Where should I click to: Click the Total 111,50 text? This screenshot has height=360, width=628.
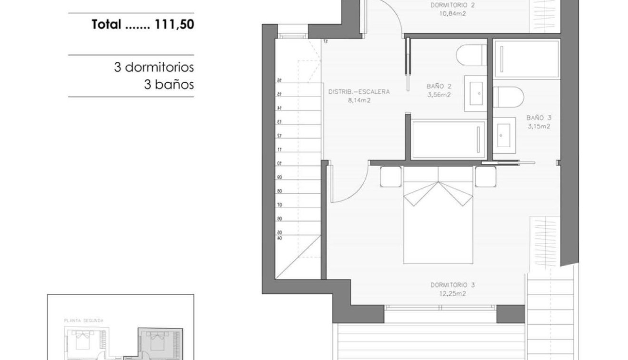coord(143,25)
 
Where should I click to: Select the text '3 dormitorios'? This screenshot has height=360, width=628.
coord(154,67)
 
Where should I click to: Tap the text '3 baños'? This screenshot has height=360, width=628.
coord(169,85)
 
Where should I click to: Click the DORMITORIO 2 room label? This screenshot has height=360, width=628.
coord(452,6)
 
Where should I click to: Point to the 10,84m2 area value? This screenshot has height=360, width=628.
coord(452,14)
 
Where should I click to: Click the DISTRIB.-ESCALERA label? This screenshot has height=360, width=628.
coord(359,91)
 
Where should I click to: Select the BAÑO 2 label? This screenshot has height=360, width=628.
coord(439,86)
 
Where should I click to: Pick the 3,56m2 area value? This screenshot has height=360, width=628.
coord(439,94)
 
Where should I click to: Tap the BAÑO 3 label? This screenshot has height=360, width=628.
coord(538,117)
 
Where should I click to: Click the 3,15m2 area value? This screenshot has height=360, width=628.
coord(538,126)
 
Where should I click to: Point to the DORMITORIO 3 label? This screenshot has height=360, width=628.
coord(452,285)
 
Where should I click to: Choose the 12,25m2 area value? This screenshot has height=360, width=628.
coord(452,293)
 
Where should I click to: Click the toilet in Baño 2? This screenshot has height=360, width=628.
coord(472,55)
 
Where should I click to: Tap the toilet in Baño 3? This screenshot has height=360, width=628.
coord(508,97)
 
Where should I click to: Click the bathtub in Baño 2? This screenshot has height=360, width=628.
coord(448,140)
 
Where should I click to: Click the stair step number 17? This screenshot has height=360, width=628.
coord(326,41)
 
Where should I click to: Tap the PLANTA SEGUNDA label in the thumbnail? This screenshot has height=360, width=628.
coord(84,321)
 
